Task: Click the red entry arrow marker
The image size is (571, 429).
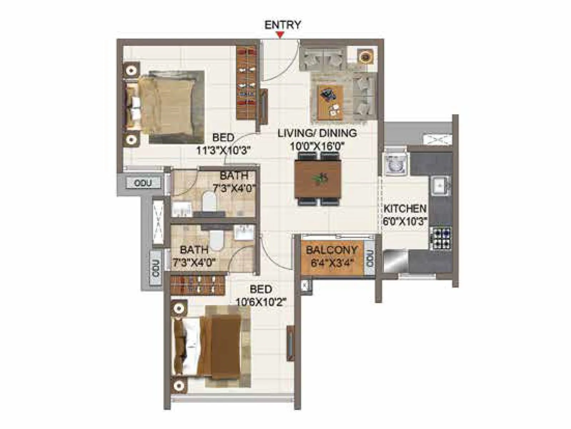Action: (x=281, y=35)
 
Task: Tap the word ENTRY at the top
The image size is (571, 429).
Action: (x=283, y=25)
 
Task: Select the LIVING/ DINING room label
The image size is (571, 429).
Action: (x=317, y=133)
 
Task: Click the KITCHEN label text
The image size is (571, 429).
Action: (x=405, y=208)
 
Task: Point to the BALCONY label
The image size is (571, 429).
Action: (x=332, y=250)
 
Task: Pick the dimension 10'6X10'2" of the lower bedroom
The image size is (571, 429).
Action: (x=261, y=302)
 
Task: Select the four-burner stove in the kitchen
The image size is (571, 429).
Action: (x=441, y=238)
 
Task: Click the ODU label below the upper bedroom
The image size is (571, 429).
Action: (x=143, y=183)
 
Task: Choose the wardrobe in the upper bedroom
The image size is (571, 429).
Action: (x=247, y=83)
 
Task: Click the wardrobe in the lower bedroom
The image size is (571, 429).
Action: (x=198, y=285)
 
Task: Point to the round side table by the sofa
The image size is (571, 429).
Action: (x=365, y=56)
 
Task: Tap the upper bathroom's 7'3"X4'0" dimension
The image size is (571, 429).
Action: (x=234, y=188)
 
